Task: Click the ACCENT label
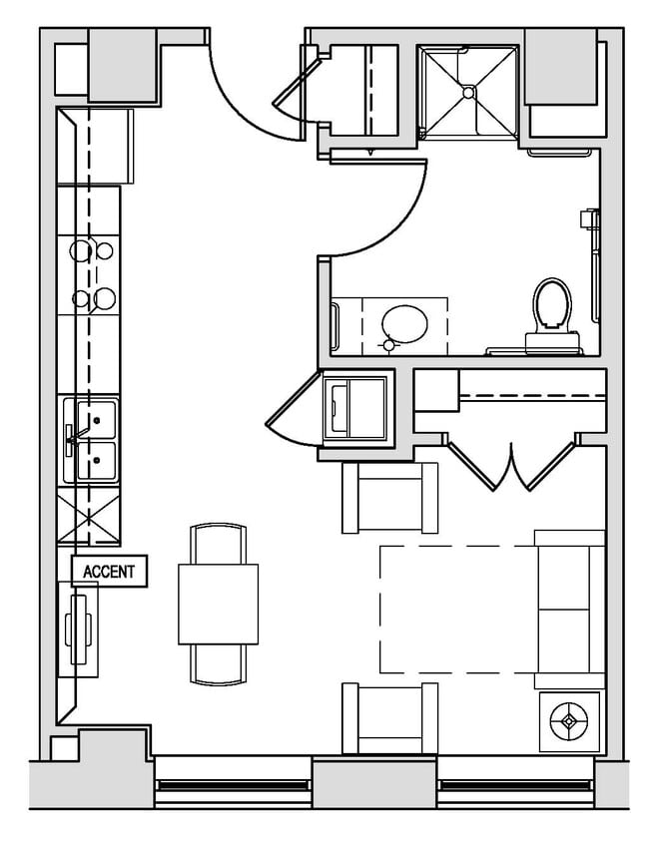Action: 109,572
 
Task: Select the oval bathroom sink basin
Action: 403,324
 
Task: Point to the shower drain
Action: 467,92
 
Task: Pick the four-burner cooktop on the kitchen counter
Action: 89,273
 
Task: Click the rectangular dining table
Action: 218,604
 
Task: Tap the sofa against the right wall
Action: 569,609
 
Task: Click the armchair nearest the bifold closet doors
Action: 389,498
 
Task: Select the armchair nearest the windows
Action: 389,717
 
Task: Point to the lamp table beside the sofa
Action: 569,721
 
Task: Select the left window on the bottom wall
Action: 233,784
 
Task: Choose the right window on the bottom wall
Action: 515,784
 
